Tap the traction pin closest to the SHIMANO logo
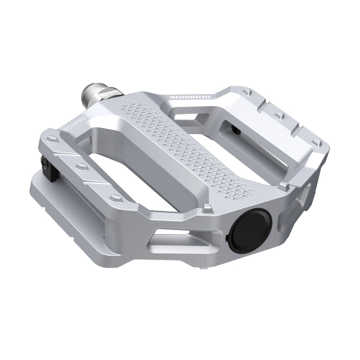coord(247,91)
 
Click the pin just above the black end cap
coord(208,209)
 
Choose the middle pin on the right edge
coord(278,115)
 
